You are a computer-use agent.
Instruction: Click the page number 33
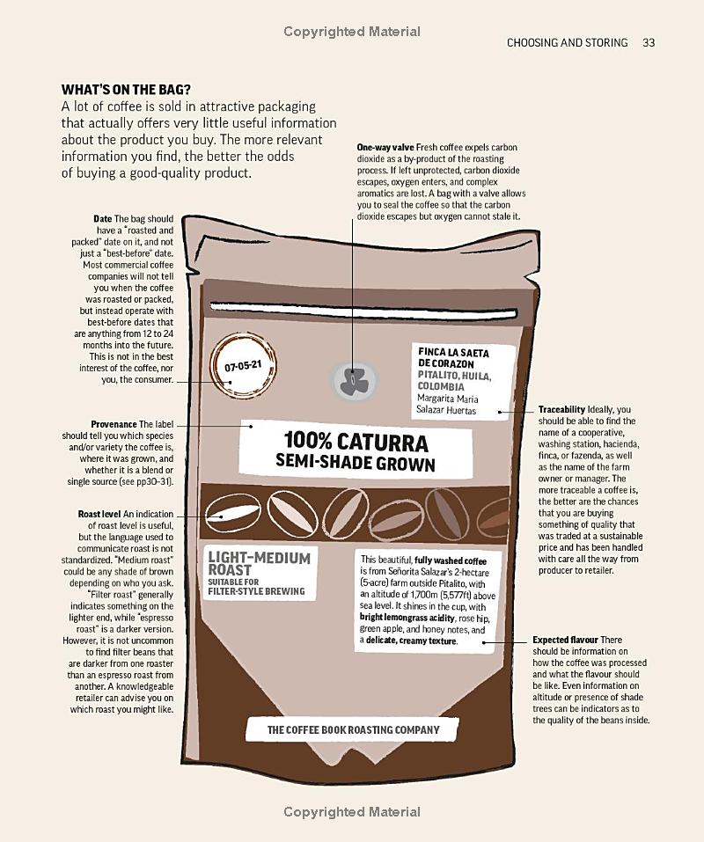tap(649, 42)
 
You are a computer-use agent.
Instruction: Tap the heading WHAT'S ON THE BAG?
tap(126, 90)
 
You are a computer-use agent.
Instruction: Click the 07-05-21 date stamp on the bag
tap(242, 366)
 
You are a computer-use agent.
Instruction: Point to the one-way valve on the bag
tap(352, 379)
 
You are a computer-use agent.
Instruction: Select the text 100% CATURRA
tap(356, 442)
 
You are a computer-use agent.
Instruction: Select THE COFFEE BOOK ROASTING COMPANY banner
tap(354, 729)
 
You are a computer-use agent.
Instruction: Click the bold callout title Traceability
tap(561, 410)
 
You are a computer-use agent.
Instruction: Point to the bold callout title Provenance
tap(114, 424)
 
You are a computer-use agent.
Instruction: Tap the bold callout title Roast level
tap(99, 514)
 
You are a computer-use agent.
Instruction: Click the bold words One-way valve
tap(385, 147)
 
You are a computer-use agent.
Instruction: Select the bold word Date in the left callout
tap(103, 219)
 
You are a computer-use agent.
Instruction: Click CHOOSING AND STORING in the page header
tap(568, 42)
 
